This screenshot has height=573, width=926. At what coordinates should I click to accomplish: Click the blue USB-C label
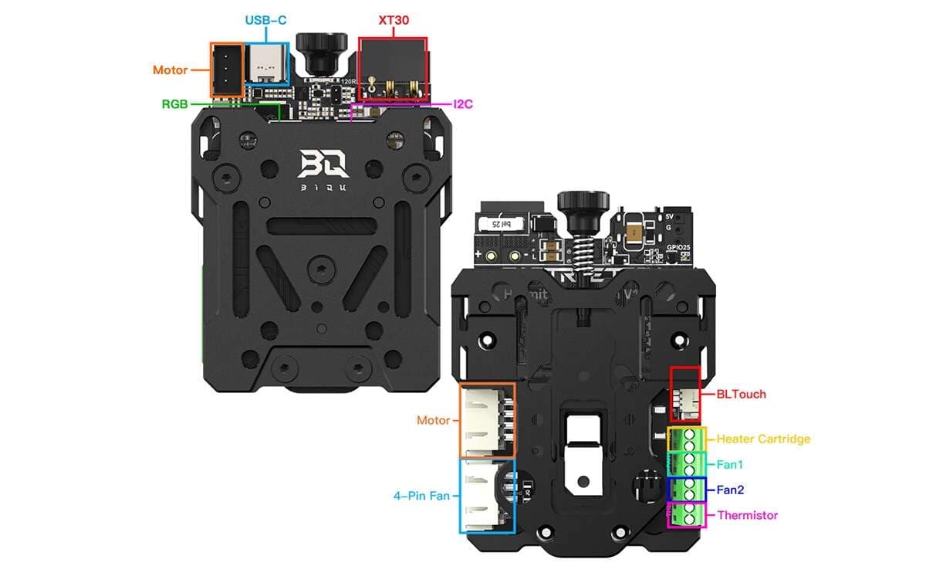[265, 21]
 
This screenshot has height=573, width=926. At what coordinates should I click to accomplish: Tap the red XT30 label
[393, 21]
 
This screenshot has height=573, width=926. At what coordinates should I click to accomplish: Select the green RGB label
[174, 103]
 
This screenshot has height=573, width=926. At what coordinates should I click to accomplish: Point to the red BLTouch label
[741, 394]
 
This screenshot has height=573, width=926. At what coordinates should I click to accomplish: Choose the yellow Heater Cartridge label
[763, 439]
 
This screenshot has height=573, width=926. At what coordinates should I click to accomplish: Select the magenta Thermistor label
[747, 515]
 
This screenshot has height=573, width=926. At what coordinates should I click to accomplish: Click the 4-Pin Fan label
[421, 495]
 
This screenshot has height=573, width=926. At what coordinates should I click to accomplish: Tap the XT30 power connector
[392, 70]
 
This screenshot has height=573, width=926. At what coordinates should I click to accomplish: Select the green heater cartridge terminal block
[687, 439]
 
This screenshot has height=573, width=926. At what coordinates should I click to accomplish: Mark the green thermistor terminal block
[687, 514]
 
